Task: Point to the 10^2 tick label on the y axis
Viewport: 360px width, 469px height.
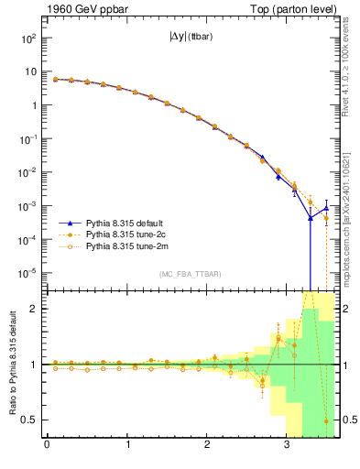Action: coord(27,38)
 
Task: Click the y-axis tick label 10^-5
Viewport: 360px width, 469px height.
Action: coord(27,273)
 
